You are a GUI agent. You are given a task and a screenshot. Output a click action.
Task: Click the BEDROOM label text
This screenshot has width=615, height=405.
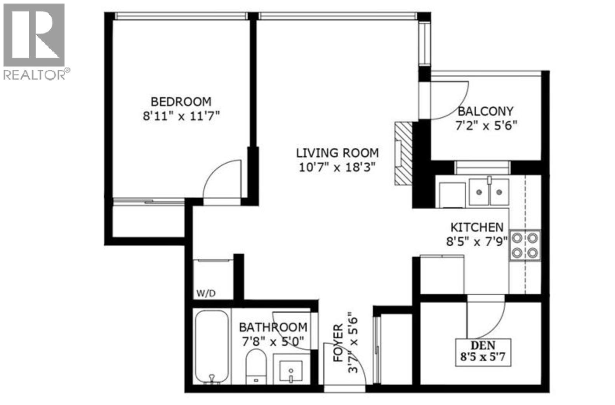pyautogui.click(x=181, y=102)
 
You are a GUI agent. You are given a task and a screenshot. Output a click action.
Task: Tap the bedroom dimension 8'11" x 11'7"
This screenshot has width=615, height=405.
pyautogui.click(x=181, y=116)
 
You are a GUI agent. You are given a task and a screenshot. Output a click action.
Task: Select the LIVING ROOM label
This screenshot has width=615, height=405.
pyautogui.click(x=337, y=152)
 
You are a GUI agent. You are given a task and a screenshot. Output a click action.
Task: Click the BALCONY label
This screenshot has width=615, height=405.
pyautogui.click(x=485, y=111)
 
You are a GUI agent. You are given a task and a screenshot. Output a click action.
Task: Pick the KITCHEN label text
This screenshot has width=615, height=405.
pyautogui.click(x=477, y=227)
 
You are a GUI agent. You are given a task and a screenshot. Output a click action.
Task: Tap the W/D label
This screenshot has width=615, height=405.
pyautogui.click(x=205, y=294)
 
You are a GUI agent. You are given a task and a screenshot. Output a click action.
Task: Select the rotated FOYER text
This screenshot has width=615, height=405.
pyautogui.click(x=339, y=343)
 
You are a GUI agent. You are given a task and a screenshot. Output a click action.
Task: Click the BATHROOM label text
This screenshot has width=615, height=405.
pyautogui.click(x=273, y=327)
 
